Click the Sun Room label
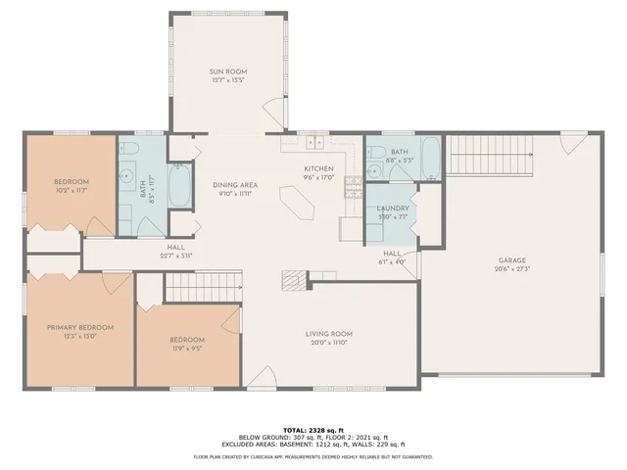pos(226,71)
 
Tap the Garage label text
pos(512,259)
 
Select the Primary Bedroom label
pos(81,327)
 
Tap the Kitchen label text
pos(319,168)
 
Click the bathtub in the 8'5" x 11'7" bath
pos(179,186)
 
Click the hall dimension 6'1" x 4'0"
pos(392,262)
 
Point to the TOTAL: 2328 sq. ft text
pos(313,430)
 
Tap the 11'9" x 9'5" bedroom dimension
pos(186,348)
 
